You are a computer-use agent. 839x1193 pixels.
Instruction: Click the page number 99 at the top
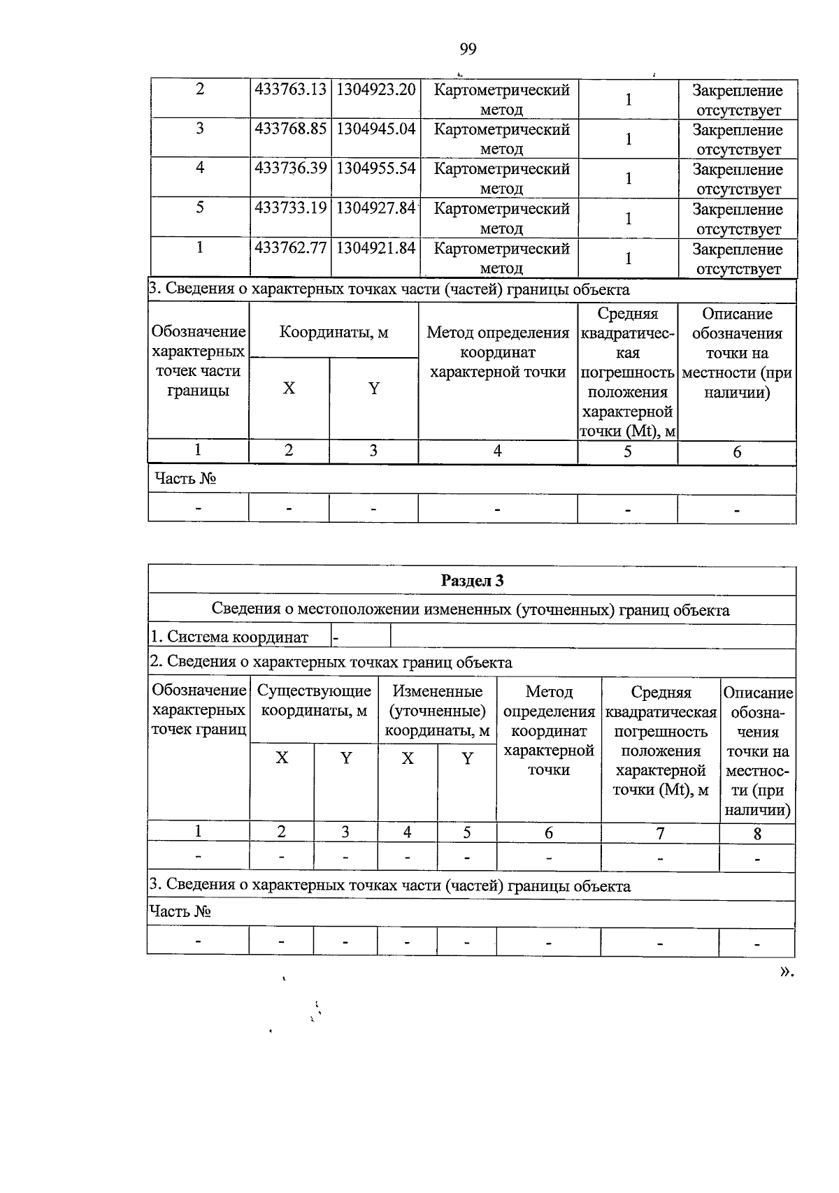468,48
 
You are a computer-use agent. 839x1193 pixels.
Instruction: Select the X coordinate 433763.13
291,90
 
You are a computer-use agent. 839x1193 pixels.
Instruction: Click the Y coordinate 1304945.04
376,130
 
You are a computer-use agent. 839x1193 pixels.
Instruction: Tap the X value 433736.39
291,169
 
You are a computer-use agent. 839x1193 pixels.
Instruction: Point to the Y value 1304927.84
376,209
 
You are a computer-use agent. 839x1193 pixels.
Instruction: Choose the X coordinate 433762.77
291,249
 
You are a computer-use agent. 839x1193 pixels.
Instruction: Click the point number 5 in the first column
200,208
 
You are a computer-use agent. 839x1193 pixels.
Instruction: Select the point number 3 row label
200,129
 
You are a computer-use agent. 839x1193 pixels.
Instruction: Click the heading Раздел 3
472,581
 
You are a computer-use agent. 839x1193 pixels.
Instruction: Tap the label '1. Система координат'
229,637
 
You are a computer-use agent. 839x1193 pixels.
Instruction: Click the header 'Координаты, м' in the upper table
334,332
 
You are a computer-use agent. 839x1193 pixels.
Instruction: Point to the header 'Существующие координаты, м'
314,700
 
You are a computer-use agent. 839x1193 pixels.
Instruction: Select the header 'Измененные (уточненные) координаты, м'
437,711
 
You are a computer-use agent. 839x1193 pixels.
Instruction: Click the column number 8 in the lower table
757,833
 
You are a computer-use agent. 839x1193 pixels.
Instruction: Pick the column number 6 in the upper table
737,452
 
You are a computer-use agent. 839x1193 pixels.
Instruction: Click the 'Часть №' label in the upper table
185,479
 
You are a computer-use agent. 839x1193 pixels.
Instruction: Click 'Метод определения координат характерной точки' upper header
498,352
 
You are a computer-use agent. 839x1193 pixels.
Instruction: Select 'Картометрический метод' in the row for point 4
501,178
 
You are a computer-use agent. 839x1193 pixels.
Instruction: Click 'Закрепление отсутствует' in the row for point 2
738,100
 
